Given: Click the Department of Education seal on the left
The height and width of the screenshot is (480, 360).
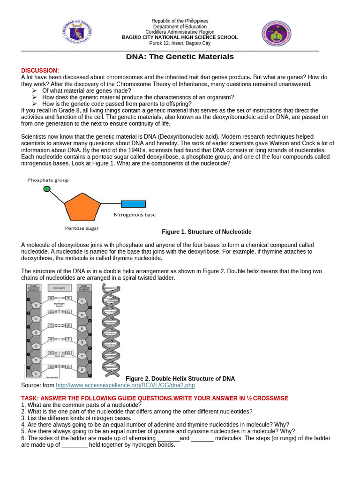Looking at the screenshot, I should click(x=76, y=33).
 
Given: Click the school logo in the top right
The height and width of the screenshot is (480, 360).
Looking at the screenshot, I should click(x=276, y=33).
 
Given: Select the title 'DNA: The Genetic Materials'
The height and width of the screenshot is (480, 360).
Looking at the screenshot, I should click(x=180, y=57).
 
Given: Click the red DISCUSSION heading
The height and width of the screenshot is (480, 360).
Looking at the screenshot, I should click(x=40, y=70).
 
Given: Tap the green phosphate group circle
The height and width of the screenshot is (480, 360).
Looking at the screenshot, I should click(x=47, y=189).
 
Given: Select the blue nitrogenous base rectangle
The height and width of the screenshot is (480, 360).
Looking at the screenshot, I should click(x=133, y=204).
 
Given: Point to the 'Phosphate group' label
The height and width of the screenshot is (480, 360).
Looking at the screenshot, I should click(x=48, y=180).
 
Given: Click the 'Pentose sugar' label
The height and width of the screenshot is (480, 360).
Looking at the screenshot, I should click(x=82, y=229).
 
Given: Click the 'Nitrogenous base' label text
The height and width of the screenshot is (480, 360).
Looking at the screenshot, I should click(x=135, y=215).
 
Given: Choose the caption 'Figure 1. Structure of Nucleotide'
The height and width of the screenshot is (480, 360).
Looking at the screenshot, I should click(x=206, y=232).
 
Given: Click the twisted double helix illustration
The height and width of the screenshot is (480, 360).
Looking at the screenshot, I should click(x=111, y=330).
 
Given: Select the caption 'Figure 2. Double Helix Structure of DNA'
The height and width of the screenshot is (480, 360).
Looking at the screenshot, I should click(x=180, y=379).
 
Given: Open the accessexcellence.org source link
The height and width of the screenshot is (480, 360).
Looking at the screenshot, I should click(x=125, y=385).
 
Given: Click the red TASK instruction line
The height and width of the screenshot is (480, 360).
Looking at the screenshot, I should click(x=155, y=398).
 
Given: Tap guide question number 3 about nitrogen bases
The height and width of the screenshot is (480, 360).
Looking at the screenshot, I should click(x=76, y=418).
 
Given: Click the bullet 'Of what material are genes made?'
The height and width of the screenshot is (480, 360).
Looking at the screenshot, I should click(x=86, y=90).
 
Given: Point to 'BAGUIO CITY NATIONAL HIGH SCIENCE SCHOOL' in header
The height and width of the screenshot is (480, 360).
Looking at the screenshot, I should click(x=180, y=37).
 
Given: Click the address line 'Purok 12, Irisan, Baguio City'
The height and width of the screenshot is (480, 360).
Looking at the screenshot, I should click(x=180, y=43).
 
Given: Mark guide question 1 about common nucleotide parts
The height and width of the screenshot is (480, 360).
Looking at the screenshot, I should click(x=81, y=405).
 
